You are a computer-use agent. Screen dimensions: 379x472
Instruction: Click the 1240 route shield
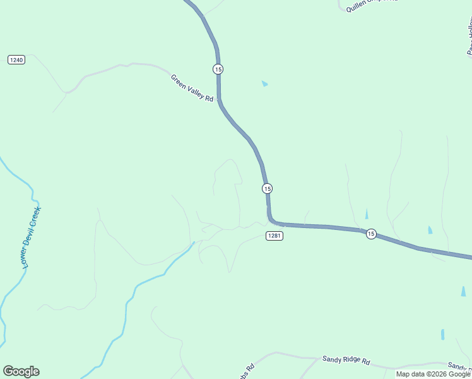pos(16,59)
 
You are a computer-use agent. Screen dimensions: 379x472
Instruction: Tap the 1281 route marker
pos(274,236)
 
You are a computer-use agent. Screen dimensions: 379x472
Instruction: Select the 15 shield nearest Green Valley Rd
pos(218,68)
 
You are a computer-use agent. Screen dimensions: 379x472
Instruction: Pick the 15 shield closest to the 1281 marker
pos(268,188)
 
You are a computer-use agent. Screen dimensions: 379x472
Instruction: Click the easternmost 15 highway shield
pos(371,234)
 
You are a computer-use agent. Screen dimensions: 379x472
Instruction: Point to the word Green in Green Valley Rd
pos(179,81)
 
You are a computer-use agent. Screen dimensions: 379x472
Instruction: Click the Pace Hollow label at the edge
pos(469,38)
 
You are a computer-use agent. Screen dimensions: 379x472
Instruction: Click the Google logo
pos(21,371)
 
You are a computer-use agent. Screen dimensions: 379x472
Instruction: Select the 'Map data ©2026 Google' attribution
pos(433,374)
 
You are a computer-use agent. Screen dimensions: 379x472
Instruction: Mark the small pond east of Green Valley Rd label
pos(264,83)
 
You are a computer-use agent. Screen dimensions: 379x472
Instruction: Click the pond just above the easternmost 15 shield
pos(367,215)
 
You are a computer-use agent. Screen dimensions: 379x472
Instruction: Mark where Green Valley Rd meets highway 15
pos(219,99)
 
